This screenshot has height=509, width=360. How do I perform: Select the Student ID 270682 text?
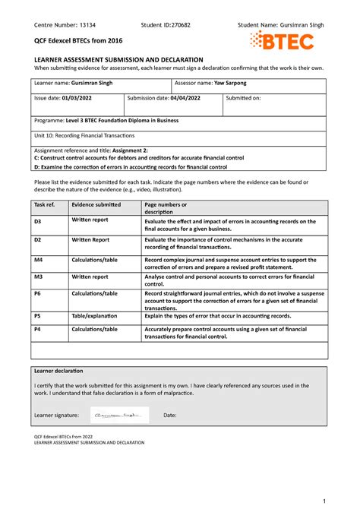pyautogui.click(x=166, y=24)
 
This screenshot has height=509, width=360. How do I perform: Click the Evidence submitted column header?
pyautogui.click(x=96, y=205)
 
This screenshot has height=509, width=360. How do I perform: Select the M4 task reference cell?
pyautogui.click(x=38, y=259)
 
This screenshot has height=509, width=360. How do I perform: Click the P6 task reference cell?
pyautogui.click(x=37, y=293)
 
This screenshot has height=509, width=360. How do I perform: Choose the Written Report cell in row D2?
pyautogui.click(x=90, y=239)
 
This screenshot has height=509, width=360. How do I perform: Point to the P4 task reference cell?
pyautogui.click(x=37, y=329)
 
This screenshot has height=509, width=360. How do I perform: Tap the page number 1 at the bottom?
pyautogui.click(x=324, y=499)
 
